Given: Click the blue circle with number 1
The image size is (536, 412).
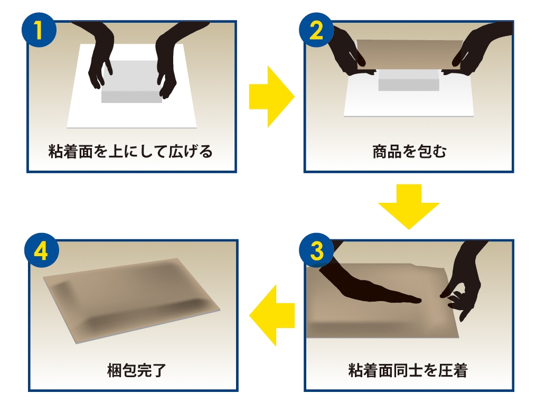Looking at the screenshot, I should click(x=39, y=30).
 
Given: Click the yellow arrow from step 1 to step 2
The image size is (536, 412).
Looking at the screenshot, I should click(x=270, y=97).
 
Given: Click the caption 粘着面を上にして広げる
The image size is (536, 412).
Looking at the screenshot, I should click(x=130, y=152).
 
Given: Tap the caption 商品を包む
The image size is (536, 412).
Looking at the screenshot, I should click(x=409, y=152).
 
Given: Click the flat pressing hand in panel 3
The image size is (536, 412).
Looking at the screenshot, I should click(x=370, y=288).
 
